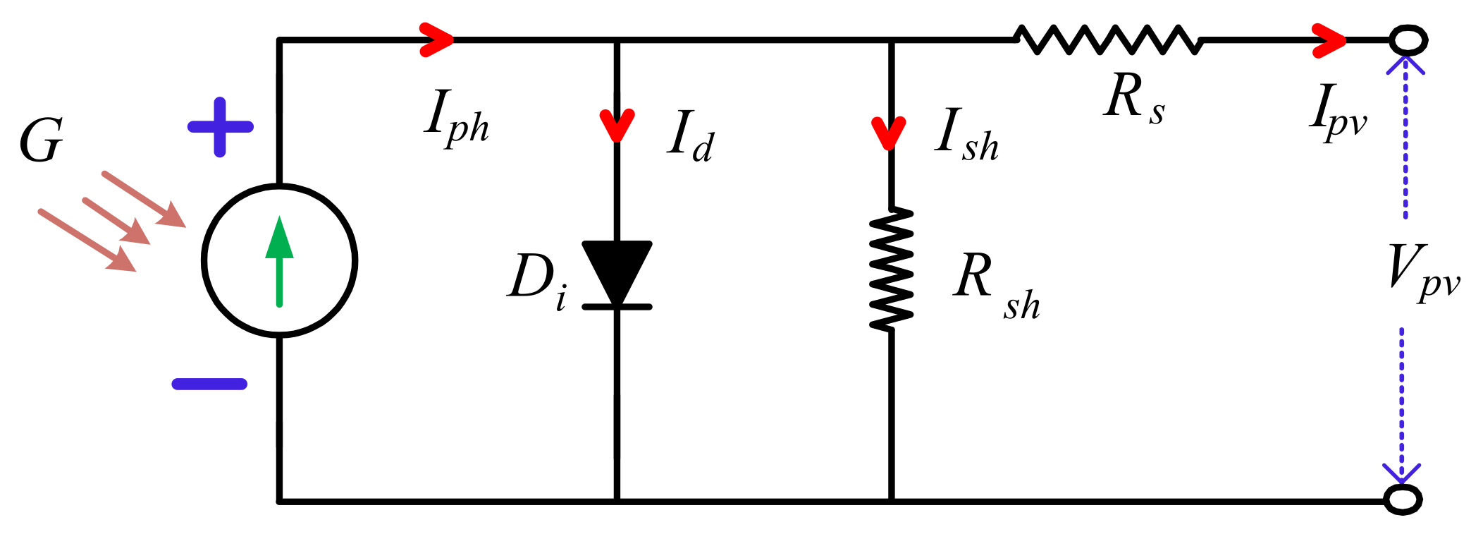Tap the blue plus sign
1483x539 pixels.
pyautogui.click(x=220, y=127)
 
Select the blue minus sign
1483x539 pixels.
pyautogui.click(x=209, y=384)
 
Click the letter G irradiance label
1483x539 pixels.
pyautogui.click(x=41, y=141)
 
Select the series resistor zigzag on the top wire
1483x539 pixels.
pyautogui.click(x=1108, y=40)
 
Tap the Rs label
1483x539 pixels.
pyautogui.click(x=1133, y=99)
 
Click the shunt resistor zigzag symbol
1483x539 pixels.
pyautogui.click(x=892, y=268)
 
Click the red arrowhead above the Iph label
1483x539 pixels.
pyautogui.click(x=437, y=40)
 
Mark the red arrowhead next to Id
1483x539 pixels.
pyautogui.click(x=617, y=126)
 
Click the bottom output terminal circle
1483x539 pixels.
pyautogui.click(x=1403, y=500)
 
